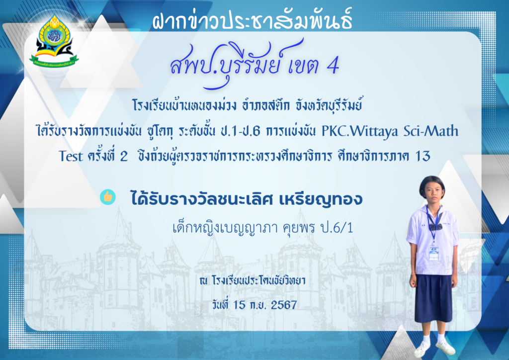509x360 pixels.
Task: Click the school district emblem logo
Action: [x=54, y=41]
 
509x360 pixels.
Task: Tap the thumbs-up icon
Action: [x=108, y=197]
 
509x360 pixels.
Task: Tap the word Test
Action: [x=71, y=156]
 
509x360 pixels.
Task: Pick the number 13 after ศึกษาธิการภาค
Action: [x=423, y=156]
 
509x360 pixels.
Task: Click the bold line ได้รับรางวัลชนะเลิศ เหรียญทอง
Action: [x=247, y=198]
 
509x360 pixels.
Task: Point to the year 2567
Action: [x=284, y=305]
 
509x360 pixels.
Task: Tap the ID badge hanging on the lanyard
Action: [x=433, y=254]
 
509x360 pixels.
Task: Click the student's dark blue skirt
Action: [x=433, y=298]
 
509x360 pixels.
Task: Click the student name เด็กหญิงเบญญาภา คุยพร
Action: [x=244, y=228]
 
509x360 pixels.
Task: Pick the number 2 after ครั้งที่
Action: [x=124, y=157]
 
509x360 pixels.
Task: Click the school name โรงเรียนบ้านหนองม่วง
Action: [x=184, y=105]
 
